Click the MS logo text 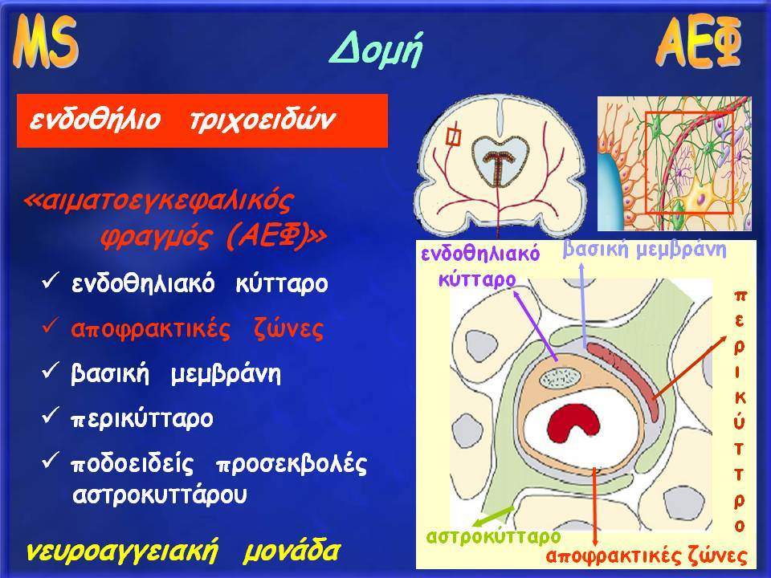point(45,41)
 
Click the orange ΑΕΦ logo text point(699,41)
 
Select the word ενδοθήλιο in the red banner point(95,120)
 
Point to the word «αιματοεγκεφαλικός point(158,201)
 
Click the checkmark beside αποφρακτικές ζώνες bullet point(51,327)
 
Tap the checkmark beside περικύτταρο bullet point(51,416)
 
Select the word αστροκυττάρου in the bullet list point(159,495)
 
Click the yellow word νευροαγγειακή point(121,552)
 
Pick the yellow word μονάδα point(291,552)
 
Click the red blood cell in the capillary point(573,424)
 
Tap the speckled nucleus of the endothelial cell point(561,378)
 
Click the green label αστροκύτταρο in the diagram point(494,536)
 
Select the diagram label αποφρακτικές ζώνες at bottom point(646,556)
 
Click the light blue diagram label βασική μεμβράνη point(645,249)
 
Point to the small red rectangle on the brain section point(453,136)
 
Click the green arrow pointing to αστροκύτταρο point(493,516)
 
